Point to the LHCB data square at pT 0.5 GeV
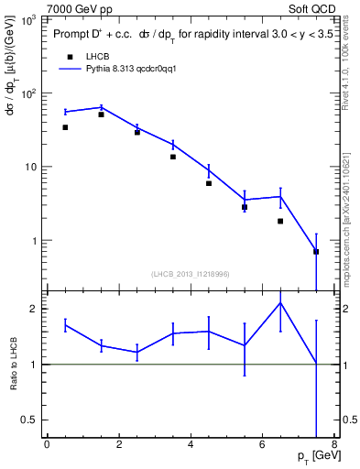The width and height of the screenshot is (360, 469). coord(65,127)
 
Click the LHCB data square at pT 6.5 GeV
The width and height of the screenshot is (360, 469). coord(280,221)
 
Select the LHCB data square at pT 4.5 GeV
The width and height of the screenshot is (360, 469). coord(209,183)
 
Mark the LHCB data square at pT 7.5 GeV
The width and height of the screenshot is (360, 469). coord(316,251)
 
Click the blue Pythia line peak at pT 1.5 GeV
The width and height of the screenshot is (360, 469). coord(101,107)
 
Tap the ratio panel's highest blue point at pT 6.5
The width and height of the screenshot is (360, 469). coord(280,302)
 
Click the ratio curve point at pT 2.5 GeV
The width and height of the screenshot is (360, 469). coord(136,352)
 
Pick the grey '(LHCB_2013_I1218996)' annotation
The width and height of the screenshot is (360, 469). coord(191,274)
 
